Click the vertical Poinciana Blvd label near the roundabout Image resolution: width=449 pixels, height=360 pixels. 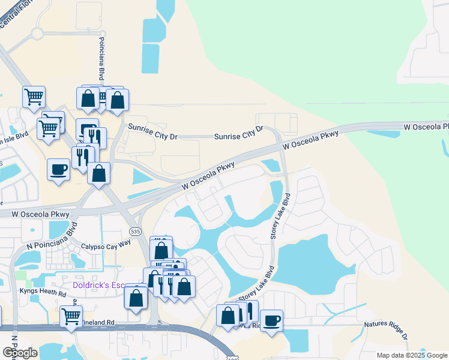point(101,61)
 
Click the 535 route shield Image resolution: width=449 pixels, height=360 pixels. point(134,231)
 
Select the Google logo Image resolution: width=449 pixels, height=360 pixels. point(20,353)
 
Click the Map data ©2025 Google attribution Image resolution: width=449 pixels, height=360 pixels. point(412,355)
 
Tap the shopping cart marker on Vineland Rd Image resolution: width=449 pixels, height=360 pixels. point(71,316)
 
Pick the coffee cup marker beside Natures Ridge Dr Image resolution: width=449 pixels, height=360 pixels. point(271,320)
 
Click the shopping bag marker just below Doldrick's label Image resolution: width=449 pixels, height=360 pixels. point(136,297)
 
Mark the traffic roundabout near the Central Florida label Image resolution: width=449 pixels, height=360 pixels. point(38,34)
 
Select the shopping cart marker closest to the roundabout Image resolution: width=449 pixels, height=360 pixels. point(34,96)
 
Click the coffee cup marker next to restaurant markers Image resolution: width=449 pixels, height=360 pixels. point(58,169)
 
